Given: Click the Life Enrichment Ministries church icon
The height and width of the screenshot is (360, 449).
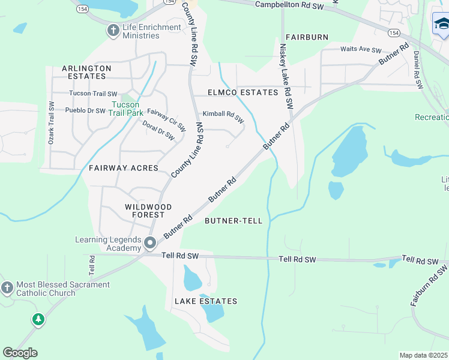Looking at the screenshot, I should [113, 30].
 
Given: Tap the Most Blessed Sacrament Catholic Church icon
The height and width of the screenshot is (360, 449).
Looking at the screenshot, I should [7, 288].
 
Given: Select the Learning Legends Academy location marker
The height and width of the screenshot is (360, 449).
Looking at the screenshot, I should [150, 244].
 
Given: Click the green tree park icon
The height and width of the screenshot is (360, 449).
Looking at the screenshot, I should [38, 319].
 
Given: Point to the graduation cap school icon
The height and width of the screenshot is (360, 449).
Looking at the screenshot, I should [441, 24].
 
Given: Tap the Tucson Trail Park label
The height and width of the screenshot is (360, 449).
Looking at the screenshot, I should [127, 108].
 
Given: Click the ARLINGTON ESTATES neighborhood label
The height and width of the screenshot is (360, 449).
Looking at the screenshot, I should [86, 73].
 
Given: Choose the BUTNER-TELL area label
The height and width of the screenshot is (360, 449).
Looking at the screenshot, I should [234, 221].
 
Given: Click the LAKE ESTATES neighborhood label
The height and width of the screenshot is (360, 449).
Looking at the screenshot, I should [206, 301].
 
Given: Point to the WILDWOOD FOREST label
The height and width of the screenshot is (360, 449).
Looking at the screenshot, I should [148, 211].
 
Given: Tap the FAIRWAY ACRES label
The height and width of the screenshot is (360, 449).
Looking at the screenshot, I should [123, 168].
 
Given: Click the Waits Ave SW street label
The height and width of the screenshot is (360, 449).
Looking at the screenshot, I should [361, 50].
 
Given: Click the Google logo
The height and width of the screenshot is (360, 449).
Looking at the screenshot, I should [20, 353].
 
